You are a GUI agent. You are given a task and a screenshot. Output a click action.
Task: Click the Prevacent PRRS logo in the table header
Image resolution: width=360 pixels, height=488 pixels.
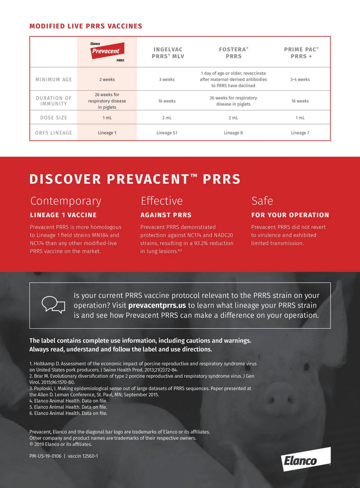[x=107, y=51]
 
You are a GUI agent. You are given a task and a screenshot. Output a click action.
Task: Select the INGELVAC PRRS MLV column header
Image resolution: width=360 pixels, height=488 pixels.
[x=168, y=53]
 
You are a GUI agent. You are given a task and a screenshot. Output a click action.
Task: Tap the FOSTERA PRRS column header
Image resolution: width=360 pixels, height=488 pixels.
[x=233, y=53]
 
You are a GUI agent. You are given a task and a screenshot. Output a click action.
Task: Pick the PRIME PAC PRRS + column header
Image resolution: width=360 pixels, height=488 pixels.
[x=301, y=53]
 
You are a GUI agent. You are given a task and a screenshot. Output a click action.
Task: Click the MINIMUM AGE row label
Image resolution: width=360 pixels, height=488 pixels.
[x=54, y=80]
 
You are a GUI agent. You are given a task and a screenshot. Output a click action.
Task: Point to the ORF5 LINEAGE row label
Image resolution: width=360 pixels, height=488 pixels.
[x=54, y=133]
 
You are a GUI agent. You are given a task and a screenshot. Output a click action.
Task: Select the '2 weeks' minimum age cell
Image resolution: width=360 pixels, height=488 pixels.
[x=107, y=80]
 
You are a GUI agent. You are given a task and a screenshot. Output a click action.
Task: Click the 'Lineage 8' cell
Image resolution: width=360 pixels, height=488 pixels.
[x=233, y=133]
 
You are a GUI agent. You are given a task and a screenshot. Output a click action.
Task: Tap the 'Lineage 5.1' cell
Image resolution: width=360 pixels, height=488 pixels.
[x=167, y=133]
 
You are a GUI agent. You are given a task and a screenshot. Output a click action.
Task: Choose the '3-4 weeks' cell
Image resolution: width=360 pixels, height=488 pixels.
[x=300, y=80]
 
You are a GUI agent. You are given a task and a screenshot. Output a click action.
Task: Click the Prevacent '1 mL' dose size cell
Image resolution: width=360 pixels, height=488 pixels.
[x=107, y=118]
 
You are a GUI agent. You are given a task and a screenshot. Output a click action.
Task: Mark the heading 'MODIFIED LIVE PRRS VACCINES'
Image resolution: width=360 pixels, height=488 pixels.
[x=86, y=26]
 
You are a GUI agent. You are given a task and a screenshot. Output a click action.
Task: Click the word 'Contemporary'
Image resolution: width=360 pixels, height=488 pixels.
[x=66, y=201]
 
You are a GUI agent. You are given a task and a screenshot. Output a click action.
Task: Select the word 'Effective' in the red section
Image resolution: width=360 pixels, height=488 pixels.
[x=162, y=201]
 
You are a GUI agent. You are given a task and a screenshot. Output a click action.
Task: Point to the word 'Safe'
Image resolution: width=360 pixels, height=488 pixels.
[x=262, y=201]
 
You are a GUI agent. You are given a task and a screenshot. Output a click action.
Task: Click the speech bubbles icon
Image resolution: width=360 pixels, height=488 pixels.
[x=53, y=305]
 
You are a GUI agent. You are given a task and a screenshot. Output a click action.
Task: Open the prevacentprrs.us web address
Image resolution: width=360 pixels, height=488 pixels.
[x=157, y=305]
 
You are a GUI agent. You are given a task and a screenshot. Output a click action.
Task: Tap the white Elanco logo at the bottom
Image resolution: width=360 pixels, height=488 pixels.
[x=306, y=459]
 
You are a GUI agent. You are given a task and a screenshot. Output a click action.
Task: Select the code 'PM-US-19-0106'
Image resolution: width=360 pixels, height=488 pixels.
[x=45, y=456]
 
